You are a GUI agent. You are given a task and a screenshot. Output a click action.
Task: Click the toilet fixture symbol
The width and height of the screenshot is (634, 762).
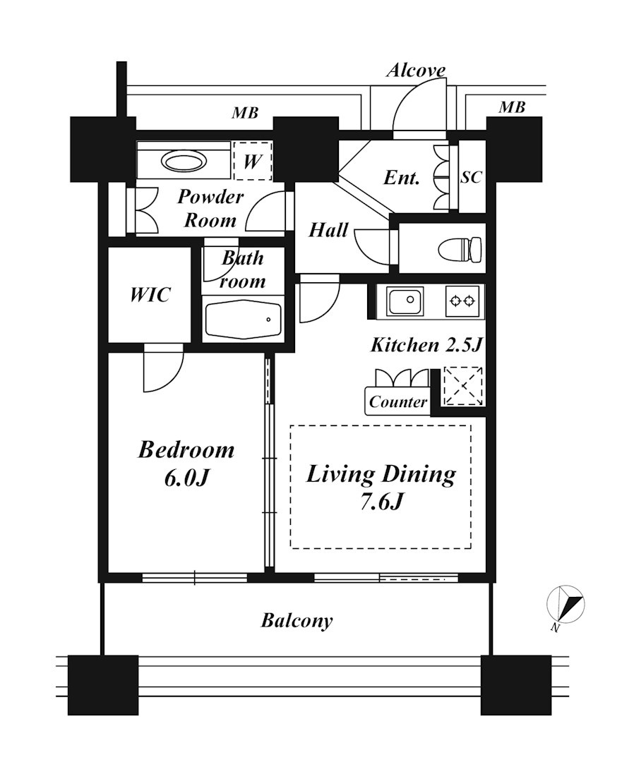(460, 249)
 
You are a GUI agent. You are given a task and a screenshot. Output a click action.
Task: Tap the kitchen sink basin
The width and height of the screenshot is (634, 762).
(405, 301)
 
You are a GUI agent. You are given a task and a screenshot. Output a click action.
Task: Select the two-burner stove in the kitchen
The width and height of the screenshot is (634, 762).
(462, 301)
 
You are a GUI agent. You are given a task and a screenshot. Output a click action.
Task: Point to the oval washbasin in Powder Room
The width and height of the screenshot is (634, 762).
(183, 161)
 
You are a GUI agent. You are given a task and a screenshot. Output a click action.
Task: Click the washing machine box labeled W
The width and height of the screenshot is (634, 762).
(252, 161)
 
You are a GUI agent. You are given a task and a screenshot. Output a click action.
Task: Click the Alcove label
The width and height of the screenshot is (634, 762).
(416, 71)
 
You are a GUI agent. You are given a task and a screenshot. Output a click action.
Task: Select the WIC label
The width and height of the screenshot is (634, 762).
(150, 294)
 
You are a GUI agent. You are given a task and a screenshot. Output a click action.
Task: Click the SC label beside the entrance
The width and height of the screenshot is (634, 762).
(471, 177)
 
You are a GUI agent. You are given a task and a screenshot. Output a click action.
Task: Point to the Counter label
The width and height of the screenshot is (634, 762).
(397, 402)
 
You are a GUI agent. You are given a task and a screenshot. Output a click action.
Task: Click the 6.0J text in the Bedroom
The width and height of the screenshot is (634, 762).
(186, 478)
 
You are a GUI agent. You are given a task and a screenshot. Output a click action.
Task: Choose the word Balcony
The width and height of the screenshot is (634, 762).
(297, 621)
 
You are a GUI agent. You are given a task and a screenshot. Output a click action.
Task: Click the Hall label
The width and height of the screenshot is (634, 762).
(329, 230)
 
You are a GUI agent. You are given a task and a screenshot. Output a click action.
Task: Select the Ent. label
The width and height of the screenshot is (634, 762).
(401, 177)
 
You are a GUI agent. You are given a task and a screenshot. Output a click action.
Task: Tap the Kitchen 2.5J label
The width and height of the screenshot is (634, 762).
(426, 345)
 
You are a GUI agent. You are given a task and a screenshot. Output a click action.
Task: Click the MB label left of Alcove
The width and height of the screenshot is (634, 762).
(244, 113)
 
